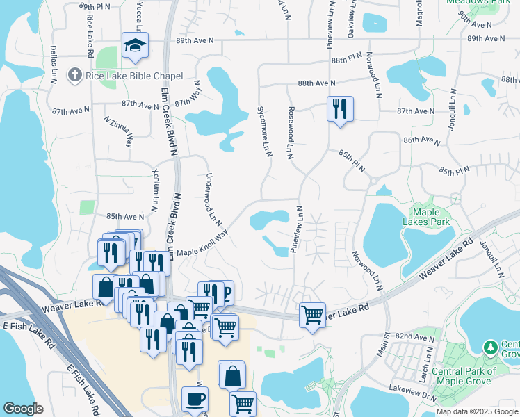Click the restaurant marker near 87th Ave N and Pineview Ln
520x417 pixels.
tap(340, 108)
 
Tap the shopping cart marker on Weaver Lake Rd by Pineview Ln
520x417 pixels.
tap(312, 315)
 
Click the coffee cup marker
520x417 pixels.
tap(195, 399)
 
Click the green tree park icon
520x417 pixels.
tap(491, 346)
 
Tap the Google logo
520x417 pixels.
tap(24, 409)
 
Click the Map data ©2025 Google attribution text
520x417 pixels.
tap(477, 411)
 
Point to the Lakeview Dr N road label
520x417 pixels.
tap(413, 392)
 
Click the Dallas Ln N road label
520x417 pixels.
tap(53, 65)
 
